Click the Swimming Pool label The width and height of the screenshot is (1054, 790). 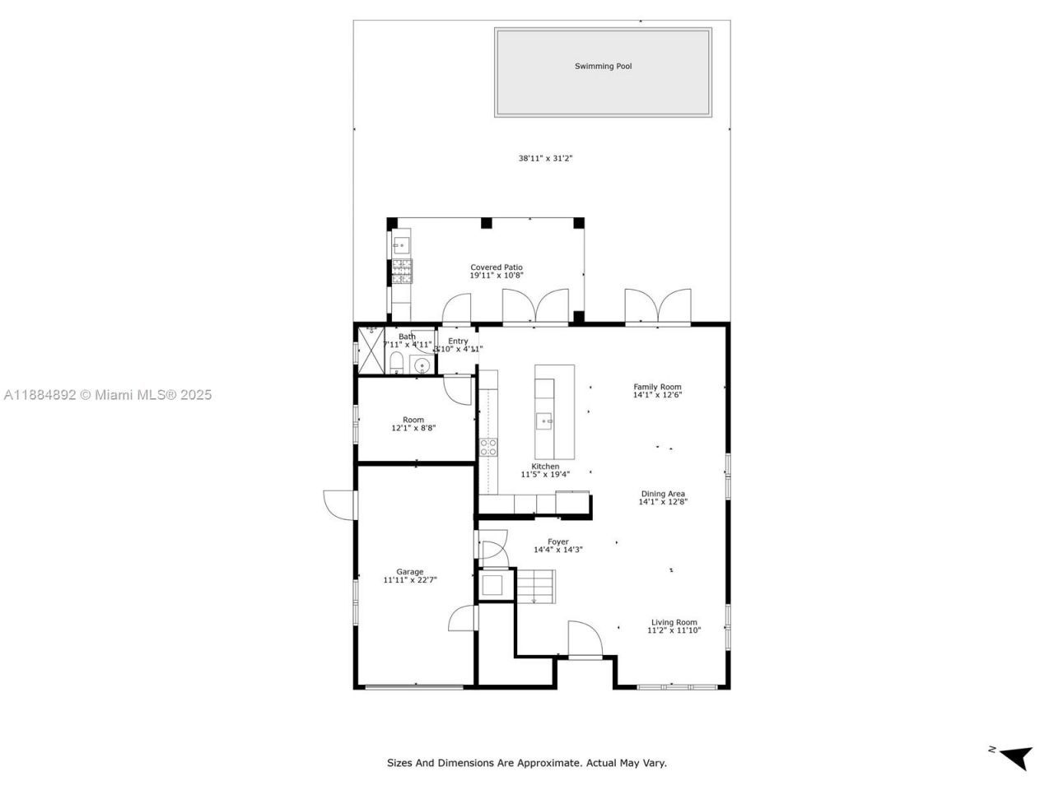tap(603, 67)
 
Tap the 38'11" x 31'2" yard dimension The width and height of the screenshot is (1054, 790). tap(545, 158)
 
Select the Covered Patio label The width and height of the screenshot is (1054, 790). tap(497, 267)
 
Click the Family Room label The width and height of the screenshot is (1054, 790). tap(657, 387)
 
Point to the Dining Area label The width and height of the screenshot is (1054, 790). tap(663, 494)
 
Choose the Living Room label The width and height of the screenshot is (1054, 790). tap(674, 623)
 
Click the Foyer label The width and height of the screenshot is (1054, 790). tap(557, 541)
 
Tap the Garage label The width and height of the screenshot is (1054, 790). tap(409, 572)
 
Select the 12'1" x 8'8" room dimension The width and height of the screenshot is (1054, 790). tap(413, 428)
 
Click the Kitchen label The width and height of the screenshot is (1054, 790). tap(545, 467)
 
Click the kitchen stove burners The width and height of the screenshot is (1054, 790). tap(488, 447)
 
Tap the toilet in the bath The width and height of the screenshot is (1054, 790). tap(397, 363)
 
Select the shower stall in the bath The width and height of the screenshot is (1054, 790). tap(370, 351)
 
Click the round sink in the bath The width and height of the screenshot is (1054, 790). tap(422, 365)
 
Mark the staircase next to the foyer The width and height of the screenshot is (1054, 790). tap(535, 585)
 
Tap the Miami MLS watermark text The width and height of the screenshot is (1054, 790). tap(107, 395)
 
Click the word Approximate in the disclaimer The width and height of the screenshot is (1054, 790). tap(548, 763)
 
